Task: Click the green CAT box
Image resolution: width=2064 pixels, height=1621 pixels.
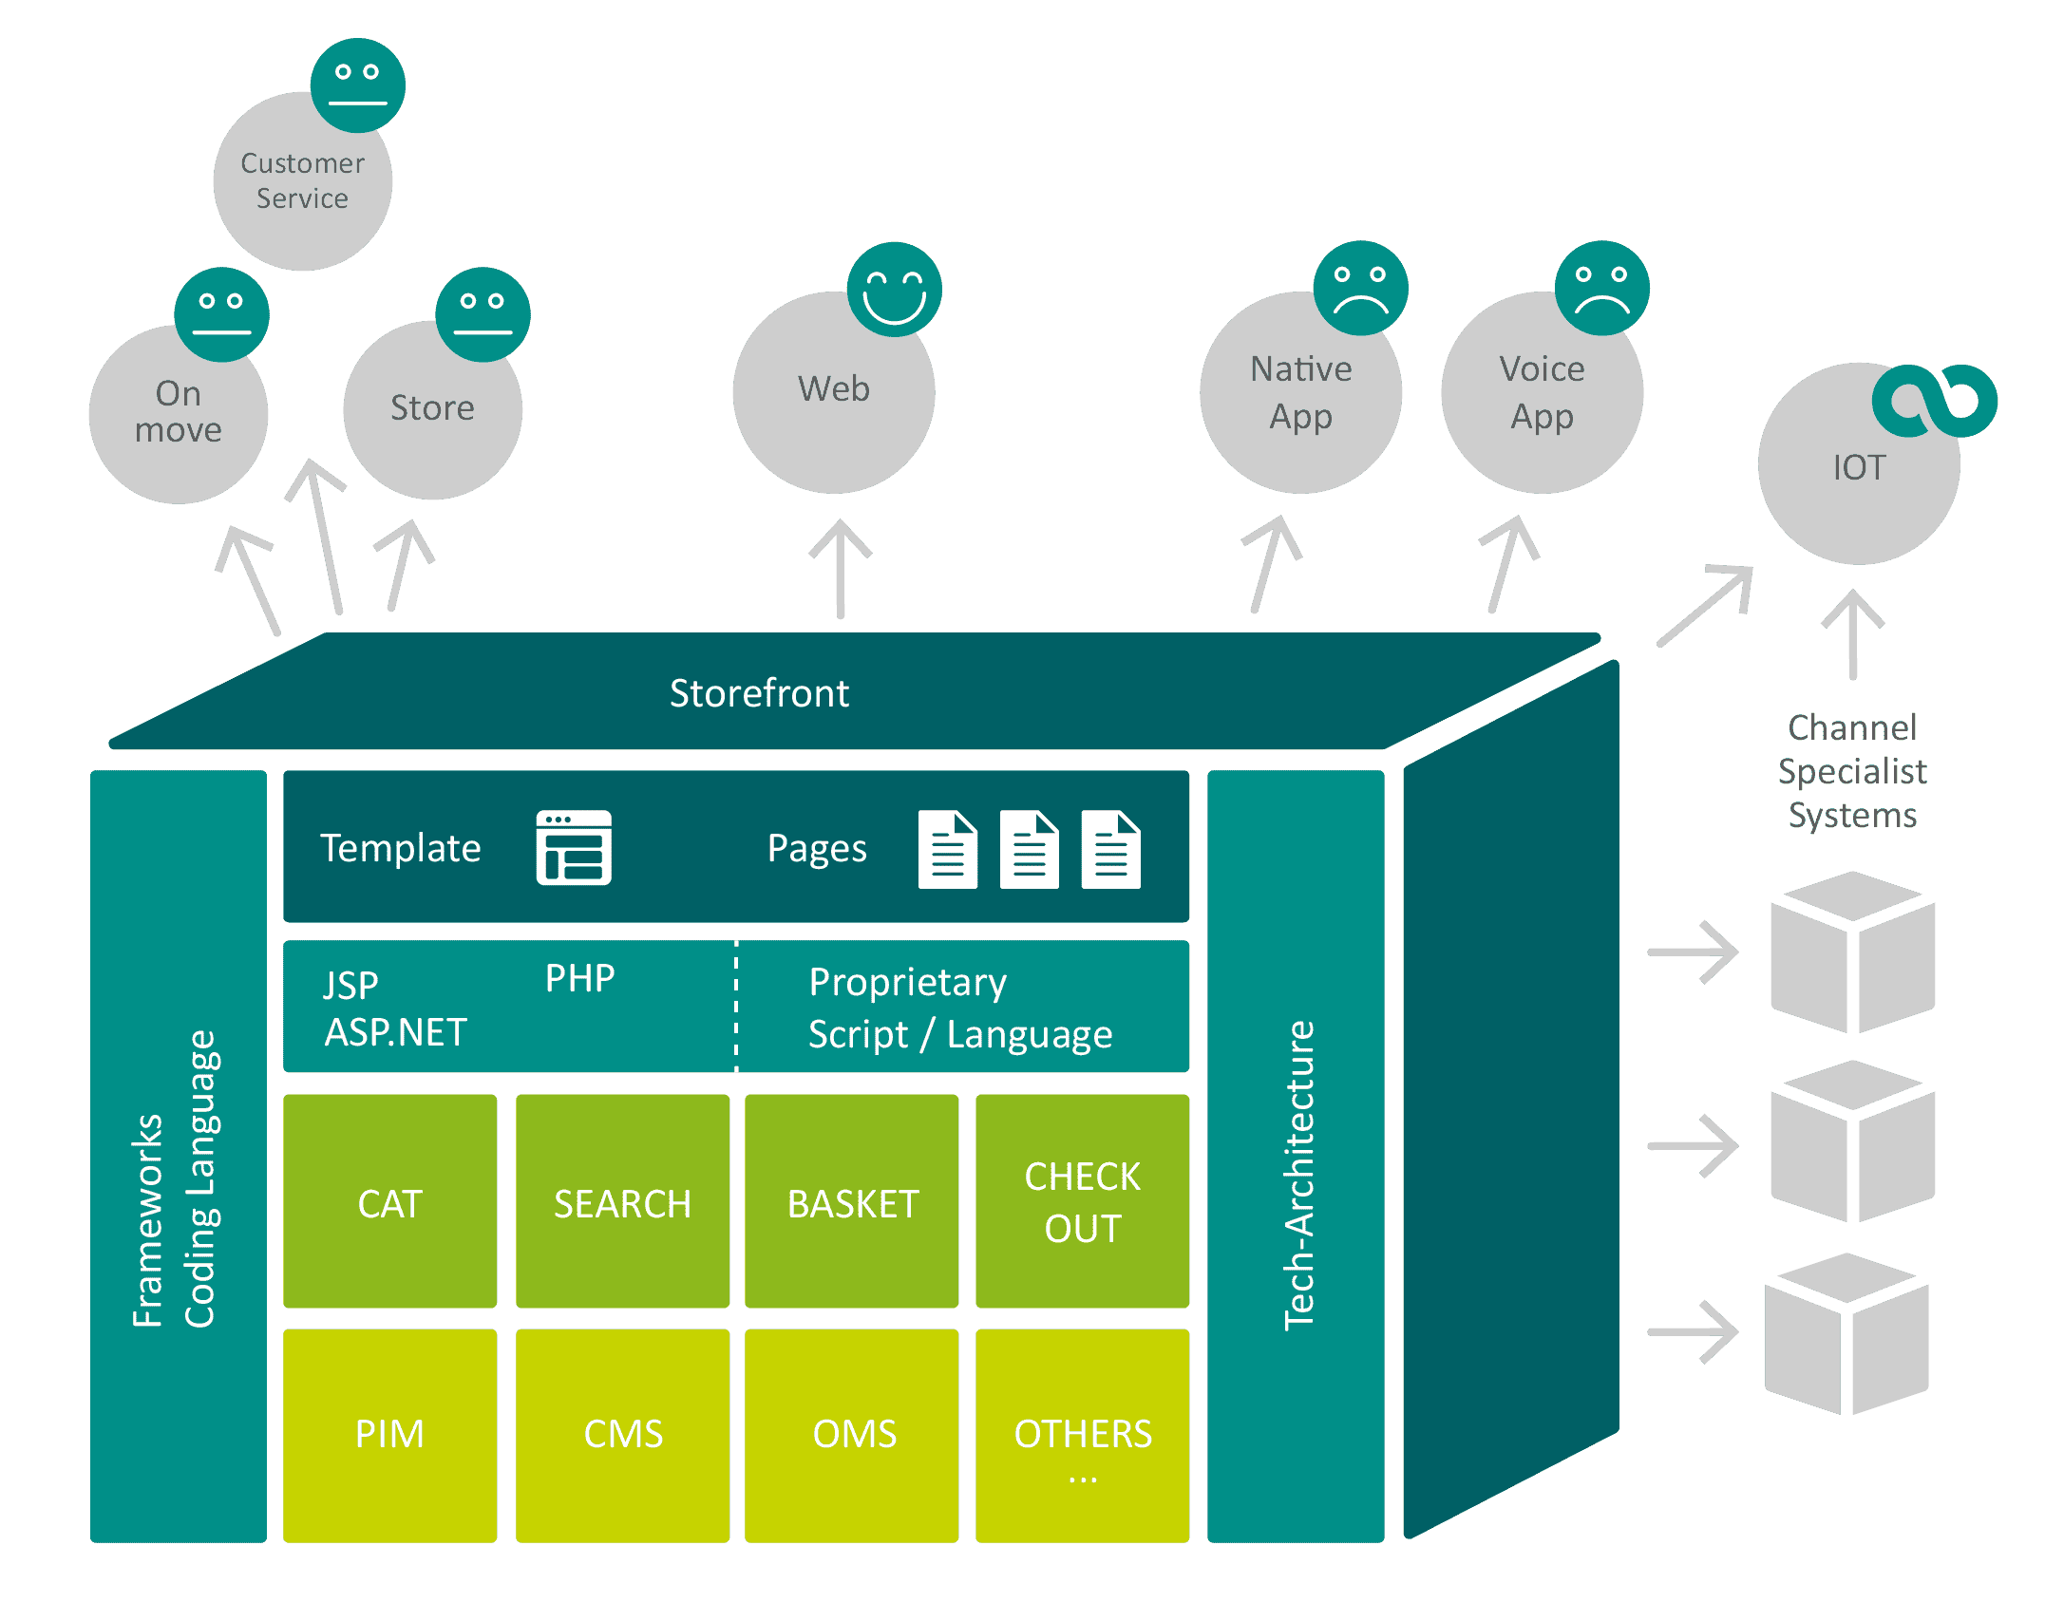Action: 389,1201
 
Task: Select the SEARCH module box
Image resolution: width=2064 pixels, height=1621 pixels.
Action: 622,1201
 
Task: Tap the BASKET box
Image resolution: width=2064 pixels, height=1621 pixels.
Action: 852,1201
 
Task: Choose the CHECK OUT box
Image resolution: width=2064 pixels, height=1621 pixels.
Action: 1082,1201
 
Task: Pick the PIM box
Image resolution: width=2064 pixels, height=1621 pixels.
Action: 389,1434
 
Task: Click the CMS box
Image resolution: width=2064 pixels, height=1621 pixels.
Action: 622,1434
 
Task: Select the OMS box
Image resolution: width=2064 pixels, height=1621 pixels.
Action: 852,1434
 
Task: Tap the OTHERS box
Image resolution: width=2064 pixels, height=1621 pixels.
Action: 1082,1434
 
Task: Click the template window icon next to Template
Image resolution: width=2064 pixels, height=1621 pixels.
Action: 574,847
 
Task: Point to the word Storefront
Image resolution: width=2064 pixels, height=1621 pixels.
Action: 759,693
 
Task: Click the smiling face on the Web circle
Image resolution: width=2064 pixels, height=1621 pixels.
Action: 894,289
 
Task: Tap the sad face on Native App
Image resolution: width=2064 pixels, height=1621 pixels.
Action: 1360,289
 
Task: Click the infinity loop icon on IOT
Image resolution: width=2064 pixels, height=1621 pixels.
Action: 1934,401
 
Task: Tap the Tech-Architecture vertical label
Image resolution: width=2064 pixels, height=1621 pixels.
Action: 1298,1176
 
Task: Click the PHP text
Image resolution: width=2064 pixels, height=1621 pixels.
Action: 579,978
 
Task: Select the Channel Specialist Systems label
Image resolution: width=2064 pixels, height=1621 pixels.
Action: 1852,771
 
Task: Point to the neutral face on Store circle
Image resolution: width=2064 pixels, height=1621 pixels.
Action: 483,314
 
